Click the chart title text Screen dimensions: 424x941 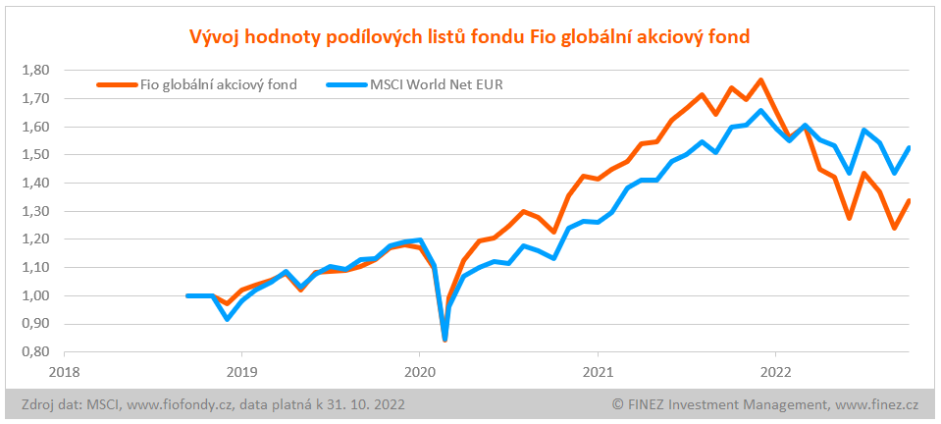[x=470, y=37]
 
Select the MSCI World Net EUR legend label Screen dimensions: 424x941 [x=437, y=84]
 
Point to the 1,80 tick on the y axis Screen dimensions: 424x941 [x=34, y=71]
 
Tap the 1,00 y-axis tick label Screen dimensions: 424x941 [x=34, y=295]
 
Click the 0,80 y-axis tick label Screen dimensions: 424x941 [x=34, y=351]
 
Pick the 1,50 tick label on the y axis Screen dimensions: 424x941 [x=34, y=155]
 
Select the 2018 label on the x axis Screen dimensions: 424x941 [x=64, y=372]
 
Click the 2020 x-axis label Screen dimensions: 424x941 [x=419, y=372]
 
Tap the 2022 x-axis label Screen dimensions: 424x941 [x=775, y=372]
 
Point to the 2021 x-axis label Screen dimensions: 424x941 [x=598, y=372]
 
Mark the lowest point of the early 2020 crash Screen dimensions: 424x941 [x=445, y=340]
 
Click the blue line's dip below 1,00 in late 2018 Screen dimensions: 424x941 [x=228, y=318]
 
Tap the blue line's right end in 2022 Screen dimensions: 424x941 [x=909, y=148]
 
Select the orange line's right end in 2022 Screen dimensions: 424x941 [x=909, y=201]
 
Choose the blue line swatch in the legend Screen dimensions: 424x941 [x=343, y=84]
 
